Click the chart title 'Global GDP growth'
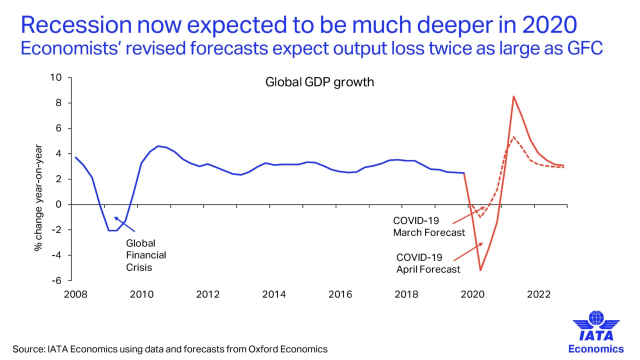319,82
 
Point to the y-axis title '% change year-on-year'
38,198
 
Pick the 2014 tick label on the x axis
274,294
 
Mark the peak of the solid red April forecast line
513,96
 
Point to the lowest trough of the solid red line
480,270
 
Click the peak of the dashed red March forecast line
513,136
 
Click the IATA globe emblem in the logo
596,318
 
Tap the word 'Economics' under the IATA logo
596,348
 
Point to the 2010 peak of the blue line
158,146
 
